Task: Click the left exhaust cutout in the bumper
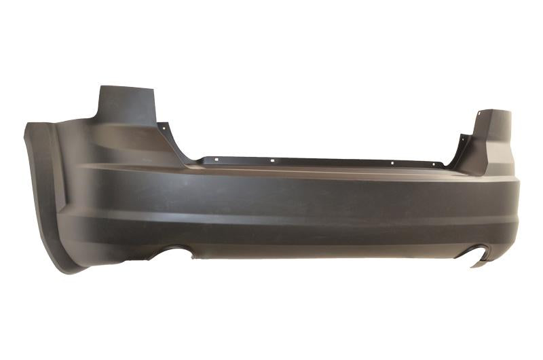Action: (174, 253)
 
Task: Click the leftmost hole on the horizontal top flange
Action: (214, 160)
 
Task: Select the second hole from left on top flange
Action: (272, 161)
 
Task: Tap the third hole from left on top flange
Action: (393, 162)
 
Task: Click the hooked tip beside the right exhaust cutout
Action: (479, 263)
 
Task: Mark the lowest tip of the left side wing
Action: (71, 270)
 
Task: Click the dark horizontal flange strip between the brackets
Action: (319, 162)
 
